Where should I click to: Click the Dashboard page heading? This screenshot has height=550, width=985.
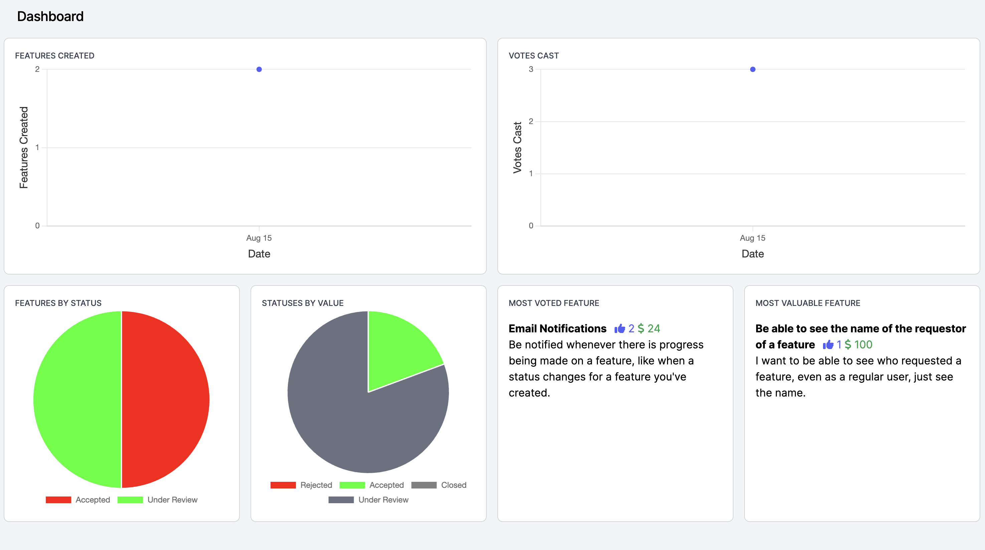coord(50,16)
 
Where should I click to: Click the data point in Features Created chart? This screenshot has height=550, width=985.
coord(259,69)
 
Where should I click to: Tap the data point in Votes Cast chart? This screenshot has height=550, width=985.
coord(753,69)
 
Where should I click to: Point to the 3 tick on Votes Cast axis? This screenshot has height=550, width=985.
coord(531,69)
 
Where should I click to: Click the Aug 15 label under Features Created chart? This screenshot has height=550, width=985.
coord(259,238)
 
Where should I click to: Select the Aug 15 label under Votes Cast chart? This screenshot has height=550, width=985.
coord(753,238)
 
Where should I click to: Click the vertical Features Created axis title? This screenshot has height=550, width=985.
coord(24,147)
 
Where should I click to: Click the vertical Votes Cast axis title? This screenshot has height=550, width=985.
coord(517,147)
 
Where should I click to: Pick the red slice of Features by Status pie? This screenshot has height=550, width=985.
coord(164,399)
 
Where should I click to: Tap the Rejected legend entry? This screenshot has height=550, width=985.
coord(301,485)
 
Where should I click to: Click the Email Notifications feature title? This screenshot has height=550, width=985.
coord(557,328)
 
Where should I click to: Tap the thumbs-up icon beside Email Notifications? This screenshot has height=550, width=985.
coord(620,328)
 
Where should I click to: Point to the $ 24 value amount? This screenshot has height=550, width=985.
coord(649,328)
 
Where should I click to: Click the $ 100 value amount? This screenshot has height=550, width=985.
coord(858,344)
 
